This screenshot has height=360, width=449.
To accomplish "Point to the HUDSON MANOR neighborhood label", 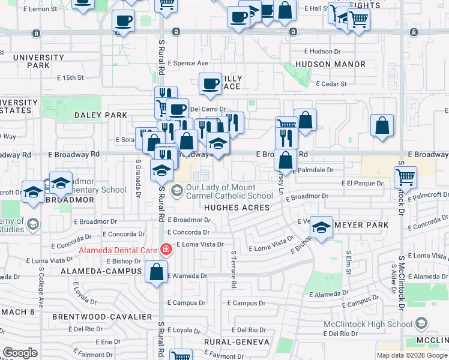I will pyautogui.click(x=330, y=64).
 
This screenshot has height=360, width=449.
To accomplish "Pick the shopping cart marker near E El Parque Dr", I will pyautogui.click(x=406, y=176).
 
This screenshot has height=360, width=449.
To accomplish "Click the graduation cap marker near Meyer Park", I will pyautogui.click(x=322, y=227).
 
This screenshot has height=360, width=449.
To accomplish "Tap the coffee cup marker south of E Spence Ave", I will pyautogui.click(x=211, y=84).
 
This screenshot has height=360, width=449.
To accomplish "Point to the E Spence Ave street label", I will pyautogui.click(x=188, y=62).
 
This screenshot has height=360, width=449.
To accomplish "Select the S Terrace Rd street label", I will pyautogui.click(x=234, y=269).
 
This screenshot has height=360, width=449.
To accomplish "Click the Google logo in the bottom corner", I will pyautogui.click(x=20, y=353).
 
